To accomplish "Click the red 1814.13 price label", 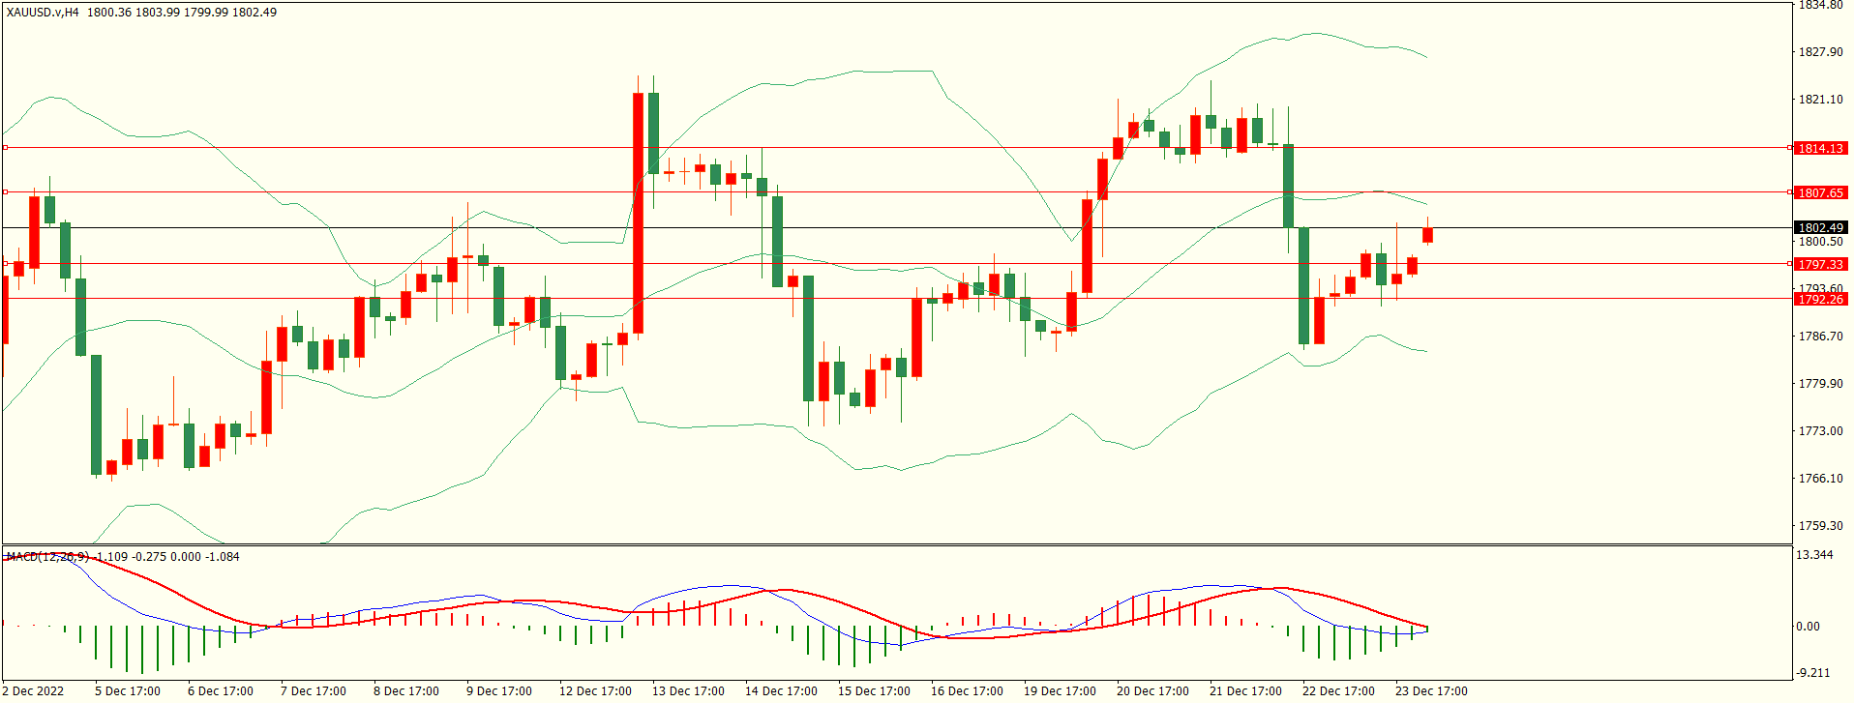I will tap(1820, 148).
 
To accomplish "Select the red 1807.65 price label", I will tap(1820, 192).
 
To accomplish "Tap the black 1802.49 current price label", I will tap(1820, 228).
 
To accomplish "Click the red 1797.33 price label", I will tap(1820, 264).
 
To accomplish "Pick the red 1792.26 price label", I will tap(1820, 299).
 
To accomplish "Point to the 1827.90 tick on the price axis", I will tap(1820, 52).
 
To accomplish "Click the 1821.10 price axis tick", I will tap(1820, 100).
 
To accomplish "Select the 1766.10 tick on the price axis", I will tap(1820, 479).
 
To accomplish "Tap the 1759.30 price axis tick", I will tap(1820, 526).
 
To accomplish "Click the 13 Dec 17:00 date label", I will tap(688, 691).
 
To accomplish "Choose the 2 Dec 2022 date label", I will tap(34, 691).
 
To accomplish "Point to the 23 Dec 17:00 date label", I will tap(1431, 691).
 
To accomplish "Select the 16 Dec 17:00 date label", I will tap(967, 691).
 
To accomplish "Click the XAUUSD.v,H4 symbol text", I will tap(43, 13).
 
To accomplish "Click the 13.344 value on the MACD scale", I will tap(1813, 555).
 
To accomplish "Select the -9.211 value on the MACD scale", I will tap(1812, 673).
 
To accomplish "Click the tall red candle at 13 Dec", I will tap(639, 213).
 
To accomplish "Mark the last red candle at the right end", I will tap(1427, 235).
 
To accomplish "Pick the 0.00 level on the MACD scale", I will tap(1808, 627).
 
